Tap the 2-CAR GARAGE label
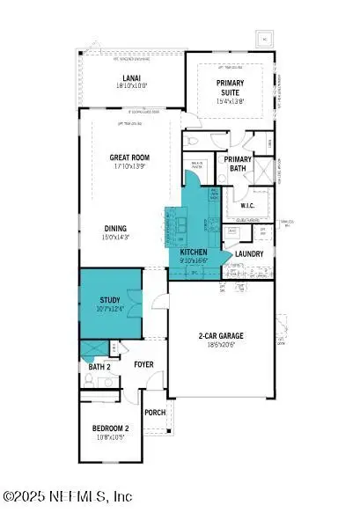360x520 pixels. [221, 336]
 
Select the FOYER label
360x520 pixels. [145, 364]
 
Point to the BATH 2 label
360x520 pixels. [99, 366]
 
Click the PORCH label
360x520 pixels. [155, 412]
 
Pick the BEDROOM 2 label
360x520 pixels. [111, 428]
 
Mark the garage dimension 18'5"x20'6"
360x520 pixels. [221, 346]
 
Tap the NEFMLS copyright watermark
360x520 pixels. [67, 497]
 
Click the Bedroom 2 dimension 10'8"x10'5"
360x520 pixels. [111, 437]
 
